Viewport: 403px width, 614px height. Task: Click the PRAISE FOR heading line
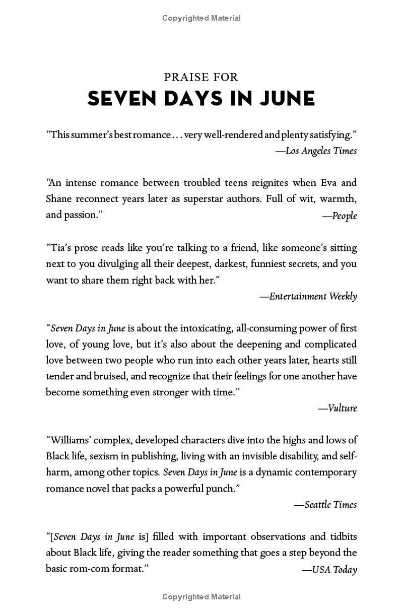pyautogui.click(x=201, y=77)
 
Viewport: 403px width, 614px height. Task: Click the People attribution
pyautogui.click(x=340, y=216)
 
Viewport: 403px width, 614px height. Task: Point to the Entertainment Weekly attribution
pyautogui.click(x=308, y=296)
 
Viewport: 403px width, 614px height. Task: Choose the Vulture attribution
pyautogui.click(x=338, y=408)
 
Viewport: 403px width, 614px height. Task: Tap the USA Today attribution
pyautogui.click(x=329, y=570)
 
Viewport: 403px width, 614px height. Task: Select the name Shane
pyautogui.click(x=58, y=198)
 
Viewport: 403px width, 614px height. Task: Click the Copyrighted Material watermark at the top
pyautogui.click(x=201, y=18)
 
